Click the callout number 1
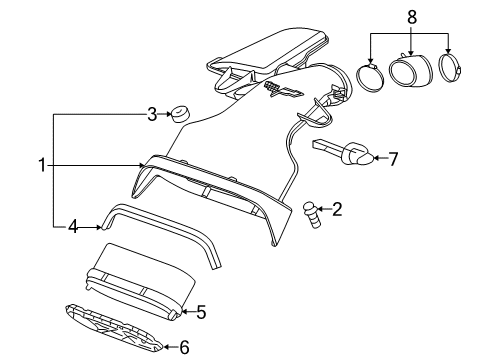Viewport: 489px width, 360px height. coord(42,165)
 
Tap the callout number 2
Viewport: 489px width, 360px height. coord(337,209)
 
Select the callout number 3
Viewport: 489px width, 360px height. coord(152,114)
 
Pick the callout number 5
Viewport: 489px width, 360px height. coord(200,312)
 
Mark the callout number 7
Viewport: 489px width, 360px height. coord(393,157)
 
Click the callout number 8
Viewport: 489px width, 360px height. coord(409,17)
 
